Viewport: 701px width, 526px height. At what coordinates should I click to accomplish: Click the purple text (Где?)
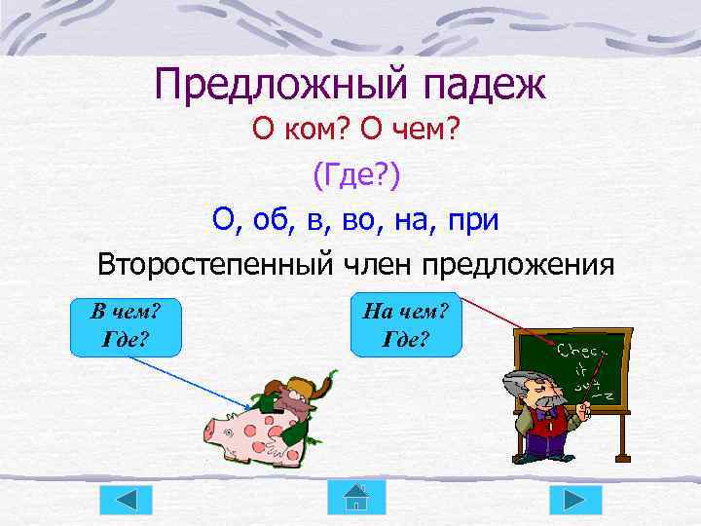pos(355,175)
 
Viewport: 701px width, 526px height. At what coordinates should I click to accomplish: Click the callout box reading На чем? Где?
pos(404,326)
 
